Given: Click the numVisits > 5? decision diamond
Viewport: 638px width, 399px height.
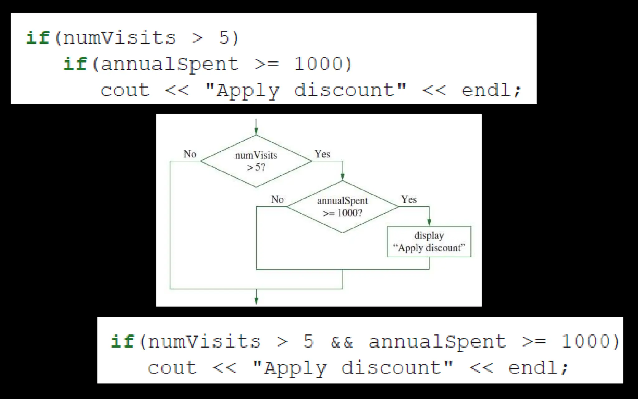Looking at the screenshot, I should click(x=256, y=161).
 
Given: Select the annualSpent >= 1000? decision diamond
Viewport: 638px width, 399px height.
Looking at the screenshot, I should click(x=342, y=207).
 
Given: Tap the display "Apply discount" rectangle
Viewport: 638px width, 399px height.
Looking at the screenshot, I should click(x=429, y=242).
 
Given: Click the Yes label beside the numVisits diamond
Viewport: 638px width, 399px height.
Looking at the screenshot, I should click(x=322, y=154).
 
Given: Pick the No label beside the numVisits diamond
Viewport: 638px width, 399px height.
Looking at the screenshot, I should click(x=190, y=154).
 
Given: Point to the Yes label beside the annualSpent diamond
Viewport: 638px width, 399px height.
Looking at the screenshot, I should click(x=409, y=199).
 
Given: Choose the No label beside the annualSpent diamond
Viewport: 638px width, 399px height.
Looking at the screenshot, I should click(x=277, y=199).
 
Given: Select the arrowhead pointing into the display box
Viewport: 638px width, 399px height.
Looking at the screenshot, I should click(x=429, y=222).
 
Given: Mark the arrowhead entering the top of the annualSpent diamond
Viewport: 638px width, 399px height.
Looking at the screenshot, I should click(x=343, y=177).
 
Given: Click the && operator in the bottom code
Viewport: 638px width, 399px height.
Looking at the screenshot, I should click(x=342, y=342).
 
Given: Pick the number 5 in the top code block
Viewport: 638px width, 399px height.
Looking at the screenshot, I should click(x=224, y=38).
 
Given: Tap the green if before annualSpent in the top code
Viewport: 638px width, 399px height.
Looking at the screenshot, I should click(x=75, y=64).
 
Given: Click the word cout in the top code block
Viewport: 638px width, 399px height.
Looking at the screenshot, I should click(x=125, y=90).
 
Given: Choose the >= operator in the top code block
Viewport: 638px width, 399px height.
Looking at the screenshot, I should click(x=267, y=64).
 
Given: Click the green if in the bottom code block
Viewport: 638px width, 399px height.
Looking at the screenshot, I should click(x=122, y=341).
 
